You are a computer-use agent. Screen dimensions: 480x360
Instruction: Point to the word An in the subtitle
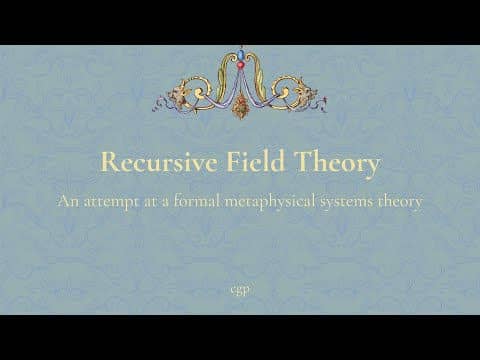[68, 201]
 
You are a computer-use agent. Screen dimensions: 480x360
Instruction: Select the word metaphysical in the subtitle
[270, 202]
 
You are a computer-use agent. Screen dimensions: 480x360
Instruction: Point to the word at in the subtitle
[150, 202]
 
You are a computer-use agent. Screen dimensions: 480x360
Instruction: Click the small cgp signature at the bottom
[240, 291]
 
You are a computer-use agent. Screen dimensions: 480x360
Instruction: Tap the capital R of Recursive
[109, 162]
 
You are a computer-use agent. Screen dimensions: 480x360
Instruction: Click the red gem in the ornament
[240, 65]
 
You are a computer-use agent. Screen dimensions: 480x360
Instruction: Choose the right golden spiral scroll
[282, 89]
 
